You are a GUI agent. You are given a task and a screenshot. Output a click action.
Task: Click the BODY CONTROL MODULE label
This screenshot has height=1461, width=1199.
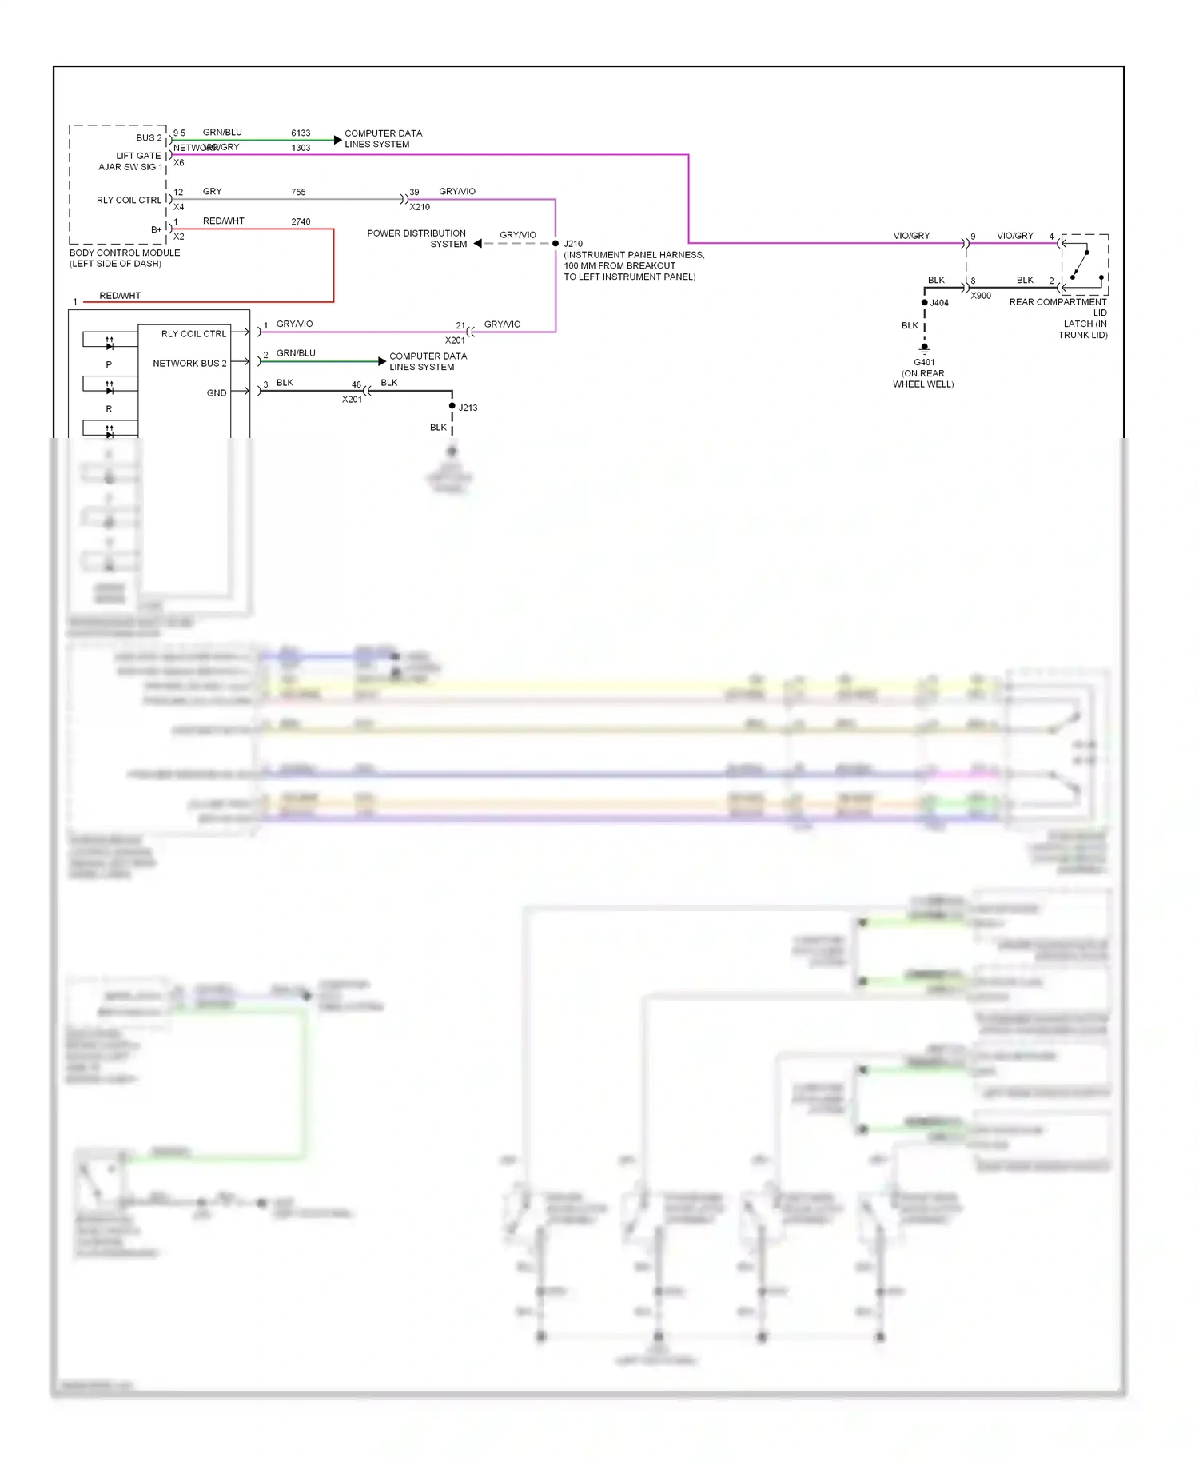(125, 253)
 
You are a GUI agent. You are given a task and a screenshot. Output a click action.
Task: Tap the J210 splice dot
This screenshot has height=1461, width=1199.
(556, 243)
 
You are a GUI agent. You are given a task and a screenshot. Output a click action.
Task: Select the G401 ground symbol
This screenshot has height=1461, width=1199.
(925, 348)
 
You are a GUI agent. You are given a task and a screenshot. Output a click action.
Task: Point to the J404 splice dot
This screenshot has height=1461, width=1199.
(925, 302)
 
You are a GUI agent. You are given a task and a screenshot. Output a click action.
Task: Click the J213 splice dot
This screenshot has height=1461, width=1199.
(452, 406)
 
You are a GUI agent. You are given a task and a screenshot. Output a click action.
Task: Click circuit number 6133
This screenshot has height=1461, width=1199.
(301, 133)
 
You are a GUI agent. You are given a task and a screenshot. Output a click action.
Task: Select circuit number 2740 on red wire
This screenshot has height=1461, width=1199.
(301, 221)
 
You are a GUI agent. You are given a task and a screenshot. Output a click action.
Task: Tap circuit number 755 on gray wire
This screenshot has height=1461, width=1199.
(298, 192)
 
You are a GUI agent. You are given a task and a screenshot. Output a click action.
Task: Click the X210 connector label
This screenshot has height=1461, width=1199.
(420, 207)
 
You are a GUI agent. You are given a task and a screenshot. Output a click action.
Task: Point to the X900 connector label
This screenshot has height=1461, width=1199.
(981, 296)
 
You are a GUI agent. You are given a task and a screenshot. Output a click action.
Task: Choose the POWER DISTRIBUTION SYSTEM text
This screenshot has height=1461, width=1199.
(416, 239)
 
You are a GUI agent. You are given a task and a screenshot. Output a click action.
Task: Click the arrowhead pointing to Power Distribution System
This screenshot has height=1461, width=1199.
(478, 243)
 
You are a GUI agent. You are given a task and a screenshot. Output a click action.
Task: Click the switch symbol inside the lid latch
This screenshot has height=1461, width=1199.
(1081, 265)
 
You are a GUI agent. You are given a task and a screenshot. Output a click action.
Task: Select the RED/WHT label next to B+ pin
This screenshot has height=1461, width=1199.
(223, 221)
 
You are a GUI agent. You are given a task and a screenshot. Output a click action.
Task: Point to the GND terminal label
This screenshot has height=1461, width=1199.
(216, 392)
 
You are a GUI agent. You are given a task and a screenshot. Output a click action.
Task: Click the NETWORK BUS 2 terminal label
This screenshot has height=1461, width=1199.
(189, 363)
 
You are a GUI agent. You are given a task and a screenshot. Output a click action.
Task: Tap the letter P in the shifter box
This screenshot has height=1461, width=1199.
(109, 364)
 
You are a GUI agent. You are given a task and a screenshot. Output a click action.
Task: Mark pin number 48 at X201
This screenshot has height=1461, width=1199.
(356, 384)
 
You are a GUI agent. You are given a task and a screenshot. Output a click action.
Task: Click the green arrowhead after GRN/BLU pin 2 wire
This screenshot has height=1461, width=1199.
(382, 361)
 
